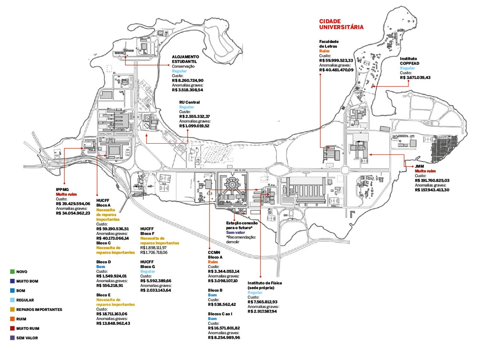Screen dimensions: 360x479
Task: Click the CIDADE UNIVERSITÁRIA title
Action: click(341, 24)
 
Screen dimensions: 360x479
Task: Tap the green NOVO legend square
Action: click(13, 272)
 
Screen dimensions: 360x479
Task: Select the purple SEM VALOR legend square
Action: click(13, 338)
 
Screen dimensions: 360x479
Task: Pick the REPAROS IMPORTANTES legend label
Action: click(39, 310)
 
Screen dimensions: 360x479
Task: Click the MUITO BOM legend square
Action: click(13, 281)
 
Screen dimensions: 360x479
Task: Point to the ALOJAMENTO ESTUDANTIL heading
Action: click(185, 59)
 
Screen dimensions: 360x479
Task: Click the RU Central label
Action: click(189, 102)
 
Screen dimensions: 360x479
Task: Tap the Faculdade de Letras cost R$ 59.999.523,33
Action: click(336, 61)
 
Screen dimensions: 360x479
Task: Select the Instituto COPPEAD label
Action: click(409, 61)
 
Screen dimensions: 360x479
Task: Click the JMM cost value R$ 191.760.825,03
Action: click(432, 180)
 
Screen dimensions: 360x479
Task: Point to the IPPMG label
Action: click(62, 190)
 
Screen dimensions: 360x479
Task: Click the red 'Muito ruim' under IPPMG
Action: click(66, 195)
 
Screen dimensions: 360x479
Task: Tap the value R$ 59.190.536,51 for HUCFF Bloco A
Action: click(112, 229)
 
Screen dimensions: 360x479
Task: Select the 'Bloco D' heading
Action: click(104, 262)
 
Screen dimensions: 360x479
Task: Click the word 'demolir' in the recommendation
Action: click(232, 242)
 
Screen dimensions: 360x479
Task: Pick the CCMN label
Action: click(214, 253)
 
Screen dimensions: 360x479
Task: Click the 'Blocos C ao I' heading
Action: click(220, 314)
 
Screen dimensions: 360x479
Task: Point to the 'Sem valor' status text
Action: click(235, 232)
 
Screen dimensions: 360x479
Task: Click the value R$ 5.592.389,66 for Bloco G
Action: click(156, 281)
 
